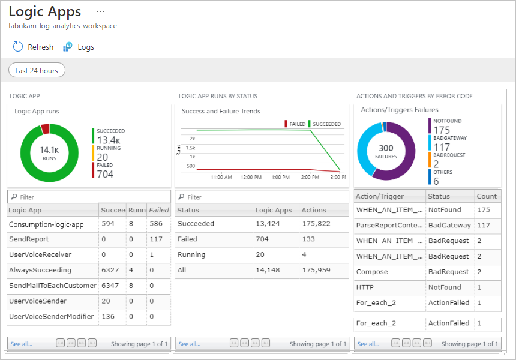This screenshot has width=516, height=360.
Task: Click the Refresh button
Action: [33, 47]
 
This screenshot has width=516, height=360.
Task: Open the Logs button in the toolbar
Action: [79, 47]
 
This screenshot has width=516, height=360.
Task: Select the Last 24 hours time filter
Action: [37, 71]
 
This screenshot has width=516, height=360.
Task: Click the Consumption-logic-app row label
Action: [46, 224]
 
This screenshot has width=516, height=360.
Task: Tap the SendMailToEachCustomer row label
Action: [52, 286]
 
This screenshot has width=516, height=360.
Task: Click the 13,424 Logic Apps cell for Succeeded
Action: [268, 224]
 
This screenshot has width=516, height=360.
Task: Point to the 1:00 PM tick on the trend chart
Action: [281, 177]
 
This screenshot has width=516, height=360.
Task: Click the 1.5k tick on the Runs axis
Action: [190, 148]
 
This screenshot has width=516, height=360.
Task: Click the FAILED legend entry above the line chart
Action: [294, 124]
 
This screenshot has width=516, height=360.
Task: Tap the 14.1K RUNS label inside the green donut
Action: [49, 152]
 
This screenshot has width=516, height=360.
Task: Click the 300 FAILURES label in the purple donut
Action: [386, 151]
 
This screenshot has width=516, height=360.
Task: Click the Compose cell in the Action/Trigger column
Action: [372, 272]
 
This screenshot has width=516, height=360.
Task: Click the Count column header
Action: [487, 196]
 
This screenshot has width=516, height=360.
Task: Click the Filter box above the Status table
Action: [262, 197]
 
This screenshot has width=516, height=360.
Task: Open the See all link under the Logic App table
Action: [22, 344]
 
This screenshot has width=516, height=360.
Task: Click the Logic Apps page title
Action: [45, 11]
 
